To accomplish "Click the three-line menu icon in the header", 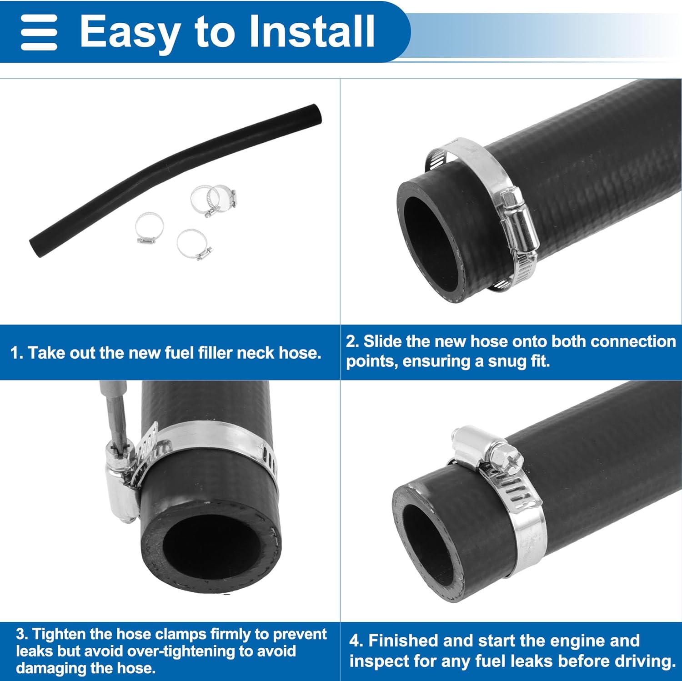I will tap(39, 32).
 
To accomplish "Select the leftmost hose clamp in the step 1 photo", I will tap(149, 227).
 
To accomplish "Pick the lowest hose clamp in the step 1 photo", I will tap(194, 244).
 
